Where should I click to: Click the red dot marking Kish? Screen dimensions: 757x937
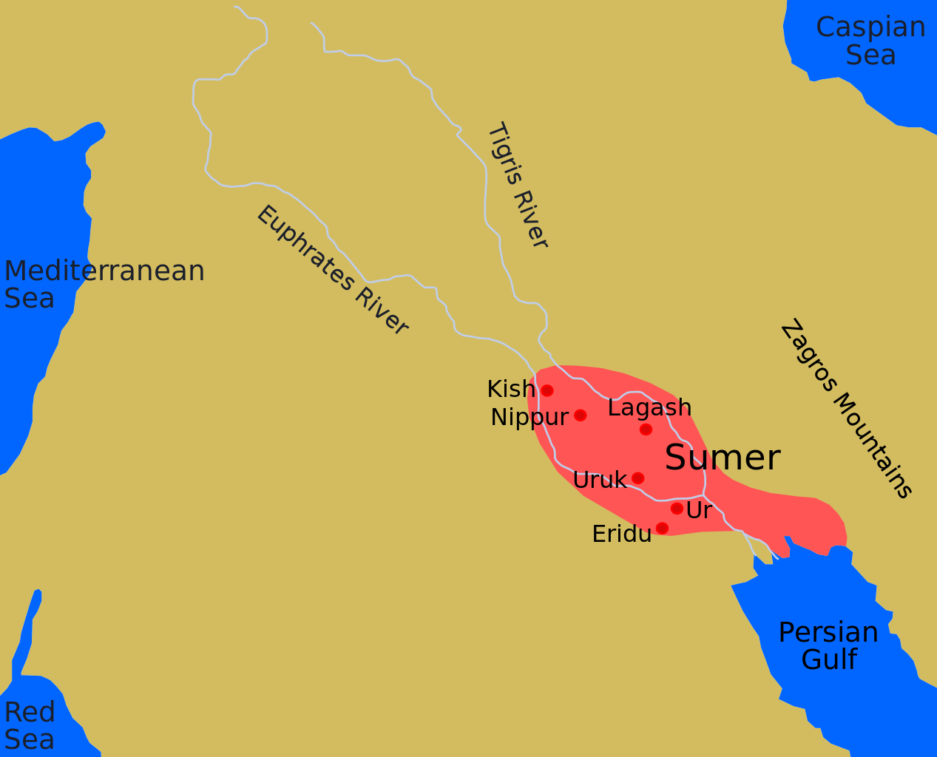(x=547, y=390)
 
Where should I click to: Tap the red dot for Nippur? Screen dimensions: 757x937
(x=580, y=415)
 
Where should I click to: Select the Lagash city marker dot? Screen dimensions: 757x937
(x=646, y=429)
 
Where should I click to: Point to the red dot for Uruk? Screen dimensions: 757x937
(x=637, y=478)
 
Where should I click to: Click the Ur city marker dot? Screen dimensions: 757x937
(x=677, y=509)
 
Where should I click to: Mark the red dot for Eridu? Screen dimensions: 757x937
(x=662, y=528)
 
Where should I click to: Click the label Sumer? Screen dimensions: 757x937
(x=723, y=458)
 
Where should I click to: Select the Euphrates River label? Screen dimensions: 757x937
(x=332, y=270)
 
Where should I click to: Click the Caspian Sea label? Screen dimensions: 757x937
(x=870, y=41)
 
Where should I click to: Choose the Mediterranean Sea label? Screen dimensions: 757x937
(x=104, y=284)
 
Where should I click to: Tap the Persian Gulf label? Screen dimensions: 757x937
(x=828, y=645)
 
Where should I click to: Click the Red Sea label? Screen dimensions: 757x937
(x=30, y=725)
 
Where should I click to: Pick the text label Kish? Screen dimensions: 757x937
(x=510, y=389)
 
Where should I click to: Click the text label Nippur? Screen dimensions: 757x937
(x=529, y=418)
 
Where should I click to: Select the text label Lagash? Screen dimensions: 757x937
(x=649, y=408)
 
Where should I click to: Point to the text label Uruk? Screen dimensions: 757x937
(x=600, y=481)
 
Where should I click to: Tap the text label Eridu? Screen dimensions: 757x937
(x=622, y=534)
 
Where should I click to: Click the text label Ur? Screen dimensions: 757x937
(x=699, y=510)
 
